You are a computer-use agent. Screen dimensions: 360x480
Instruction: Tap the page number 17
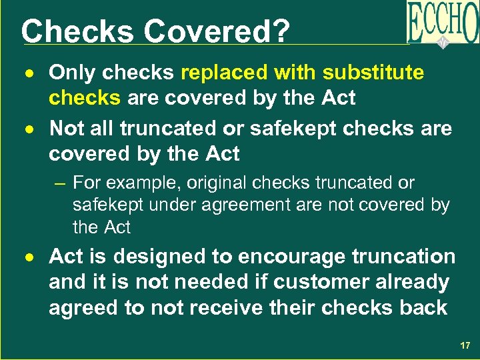pos(464,346)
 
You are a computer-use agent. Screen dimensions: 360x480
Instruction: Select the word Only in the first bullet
pos(71,72)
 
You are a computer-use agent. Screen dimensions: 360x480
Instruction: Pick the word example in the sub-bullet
pos(139,183)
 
